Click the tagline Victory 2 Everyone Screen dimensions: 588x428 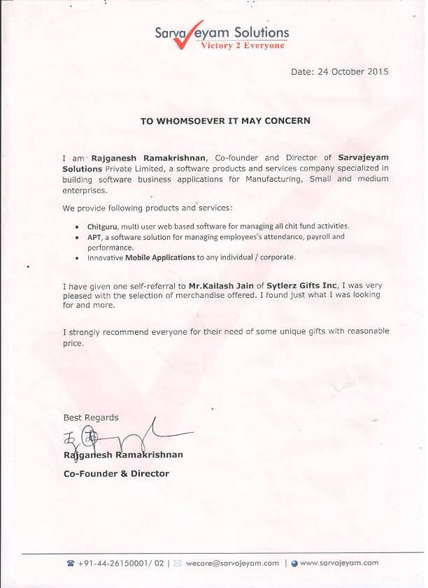tap(243, 45)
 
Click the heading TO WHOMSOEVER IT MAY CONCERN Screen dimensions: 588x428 tap(225, 121)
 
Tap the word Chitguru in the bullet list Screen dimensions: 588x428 tap(103, 227)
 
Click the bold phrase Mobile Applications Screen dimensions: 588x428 tap(160, 257)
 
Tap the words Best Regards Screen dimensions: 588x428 tap(91, 417)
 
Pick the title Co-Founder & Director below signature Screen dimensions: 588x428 tap(116, 473)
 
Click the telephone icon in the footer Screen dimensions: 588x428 tap(70, 563)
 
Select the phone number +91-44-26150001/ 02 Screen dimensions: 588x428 tap(121, 563)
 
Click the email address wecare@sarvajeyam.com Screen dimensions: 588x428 tap(232, 563)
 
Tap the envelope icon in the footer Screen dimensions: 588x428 tap(178, 563)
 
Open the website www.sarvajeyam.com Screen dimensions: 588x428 tap(339, 563)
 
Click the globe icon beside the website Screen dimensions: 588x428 tap(294, 563)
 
